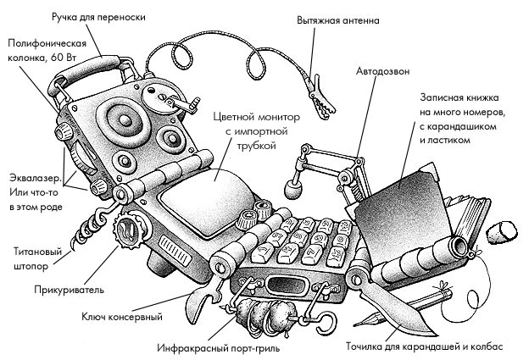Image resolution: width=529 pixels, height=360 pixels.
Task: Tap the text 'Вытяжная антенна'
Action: (338, 19)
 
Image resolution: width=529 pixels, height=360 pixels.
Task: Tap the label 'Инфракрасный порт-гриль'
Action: (220, 348)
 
